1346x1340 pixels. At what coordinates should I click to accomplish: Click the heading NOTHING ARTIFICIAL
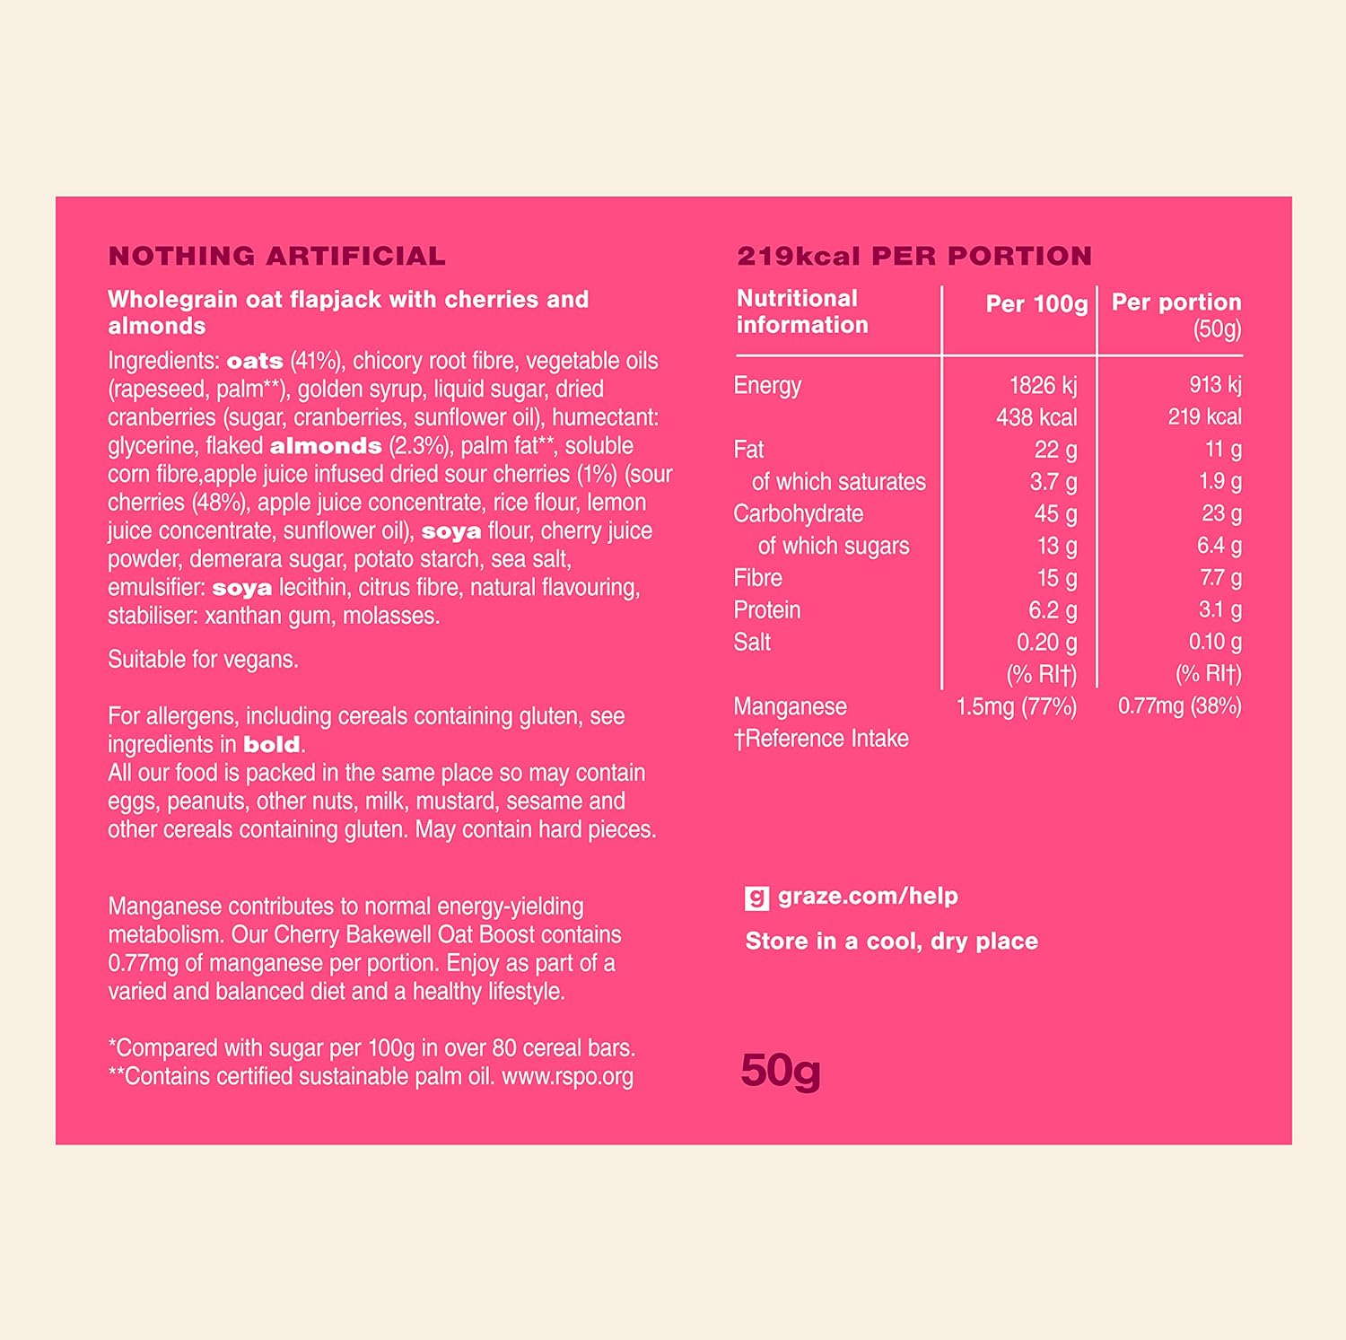point(276,256)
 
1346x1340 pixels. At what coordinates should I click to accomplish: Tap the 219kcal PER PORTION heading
point(913,256)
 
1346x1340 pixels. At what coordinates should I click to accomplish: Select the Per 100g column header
point(1036,303)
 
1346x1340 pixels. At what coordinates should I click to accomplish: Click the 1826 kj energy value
point(1043,385)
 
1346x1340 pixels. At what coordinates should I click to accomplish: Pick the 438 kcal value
point(1036,417)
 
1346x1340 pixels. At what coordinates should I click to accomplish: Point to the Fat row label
point(748,449)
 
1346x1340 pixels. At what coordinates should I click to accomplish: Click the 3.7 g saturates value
point(1053,482)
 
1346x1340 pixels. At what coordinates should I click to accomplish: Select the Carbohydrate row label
point(798,513)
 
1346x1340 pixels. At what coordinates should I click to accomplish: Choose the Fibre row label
point(757,578)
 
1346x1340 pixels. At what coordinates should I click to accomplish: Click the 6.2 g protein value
point(1052,610)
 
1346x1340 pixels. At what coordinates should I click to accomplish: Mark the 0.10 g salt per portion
point(1215,642)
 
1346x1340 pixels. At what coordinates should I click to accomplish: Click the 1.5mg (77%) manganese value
point(1016,706)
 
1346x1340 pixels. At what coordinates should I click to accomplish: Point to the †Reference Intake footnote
point(821,739)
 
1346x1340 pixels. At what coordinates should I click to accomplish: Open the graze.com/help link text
point(868,896)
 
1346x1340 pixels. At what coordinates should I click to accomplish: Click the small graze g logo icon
point(756,898)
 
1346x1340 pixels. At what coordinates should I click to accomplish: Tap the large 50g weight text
point(780,1071)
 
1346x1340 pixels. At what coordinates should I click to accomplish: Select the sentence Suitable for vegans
point(203,660)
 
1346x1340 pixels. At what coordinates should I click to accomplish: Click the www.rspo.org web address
point(567,1076)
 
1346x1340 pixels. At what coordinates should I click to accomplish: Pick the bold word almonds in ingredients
point(326,446)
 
